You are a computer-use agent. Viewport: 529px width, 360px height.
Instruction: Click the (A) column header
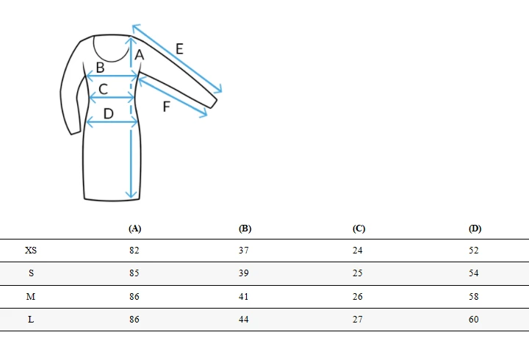[x=134, y=228]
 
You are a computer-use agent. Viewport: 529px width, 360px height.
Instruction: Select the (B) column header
[x=245, y=228]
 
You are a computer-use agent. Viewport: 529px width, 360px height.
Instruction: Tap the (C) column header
[x=359, y=228]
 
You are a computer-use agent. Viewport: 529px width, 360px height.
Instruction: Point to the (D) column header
[x=475, y=228]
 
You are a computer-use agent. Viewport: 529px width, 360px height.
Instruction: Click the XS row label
[x=31, y=251]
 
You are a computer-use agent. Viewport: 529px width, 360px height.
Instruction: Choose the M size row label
[x=31, y=297]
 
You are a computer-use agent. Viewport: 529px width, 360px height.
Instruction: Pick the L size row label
[x=31, y=319]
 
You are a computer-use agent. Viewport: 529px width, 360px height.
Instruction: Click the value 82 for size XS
[x=134, y=251]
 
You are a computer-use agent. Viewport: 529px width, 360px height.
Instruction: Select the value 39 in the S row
[x=244, y=273]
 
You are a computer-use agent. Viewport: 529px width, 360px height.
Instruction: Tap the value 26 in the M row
[x=358, y=297]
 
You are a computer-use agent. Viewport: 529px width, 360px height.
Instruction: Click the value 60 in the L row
[x=474, y=319]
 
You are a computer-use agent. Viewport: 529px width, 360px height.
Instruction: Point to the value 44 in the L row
[x=244, y=319]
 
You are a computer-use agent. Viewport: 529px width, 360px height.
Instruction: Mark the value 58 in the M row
[x=474, y=297]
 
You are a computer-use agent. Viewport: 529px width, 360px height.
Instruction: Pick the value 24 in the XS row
[x=358, y=251]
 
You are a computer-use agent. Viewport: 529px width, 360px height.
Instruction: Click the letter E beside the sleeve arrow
[x=179, y=49]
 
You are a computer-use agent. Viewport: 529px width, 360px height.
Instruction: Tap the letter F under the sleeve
[x=166, y=107]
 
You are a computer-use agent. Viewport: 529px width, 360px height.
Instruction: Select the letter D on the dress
[x=108, y=114]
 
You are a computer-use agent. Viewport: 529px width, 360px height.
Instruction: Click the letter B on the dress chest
[x=100, y=68]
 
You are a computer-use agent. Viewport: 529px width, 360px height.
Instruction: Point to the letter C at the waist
[x=104, y=89]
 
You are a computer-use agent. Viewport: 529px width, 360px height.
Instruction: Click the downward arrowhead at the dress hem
[x=131, y=195]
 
